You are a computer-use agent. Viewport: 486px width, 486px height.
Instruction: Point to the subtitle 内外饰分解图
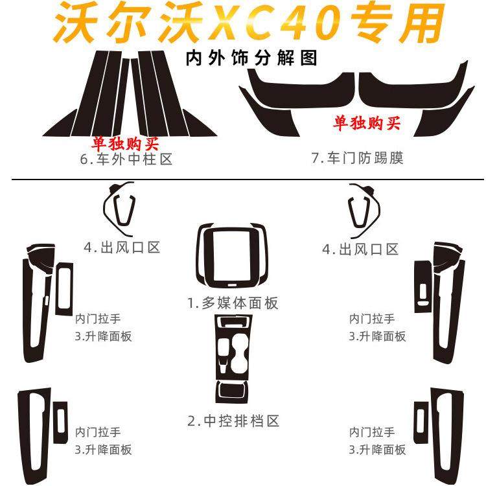tap(251, 59)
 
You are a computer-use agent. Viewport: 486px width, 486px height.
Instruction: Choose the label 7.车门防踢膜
tap(357, 158)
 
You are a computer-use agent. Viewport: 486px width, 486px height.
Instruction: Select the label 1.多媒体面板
tap(234, 303)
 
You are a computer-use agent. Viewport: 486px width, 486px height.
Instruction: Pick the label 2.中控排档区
tap(233, 421)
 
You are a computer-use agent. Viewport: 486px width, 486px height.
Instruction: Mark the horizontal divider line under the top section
tap(243, 179)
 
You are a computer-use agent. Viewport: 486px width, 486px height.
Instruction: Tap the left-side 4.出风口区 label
tap(122, 247)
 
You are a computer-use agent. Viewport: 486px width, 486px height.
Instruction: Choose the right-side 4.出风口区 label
tap(360, 249)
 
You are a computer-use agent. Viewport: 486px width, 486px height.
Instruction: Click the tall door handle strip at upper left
tap(32, 305)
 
